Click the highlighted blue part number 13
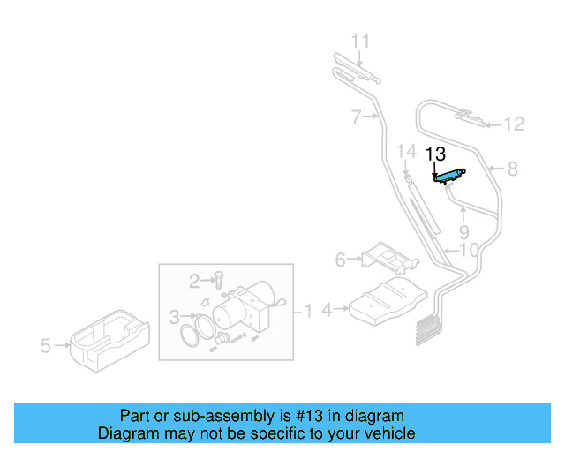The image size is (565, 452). [450, 176]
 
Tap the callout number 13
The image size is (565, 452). [436, 154]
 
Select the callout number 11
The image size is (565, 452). [360, 41]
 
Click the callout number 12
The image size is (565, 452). [514, 124]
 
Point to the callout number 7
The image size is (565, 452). [356, 116]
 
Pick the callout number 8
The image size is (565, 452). [512, 167]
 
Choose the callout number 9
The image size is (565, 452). [463, 233]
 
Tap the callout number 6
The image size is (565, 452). [340, 260]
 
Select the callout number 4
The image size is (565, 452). [327, 310]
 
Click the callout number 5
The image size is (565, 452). [46, 346]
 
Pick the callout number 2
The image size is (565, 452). [194, 282]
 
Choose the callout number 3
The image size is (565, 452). [174, 315]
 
